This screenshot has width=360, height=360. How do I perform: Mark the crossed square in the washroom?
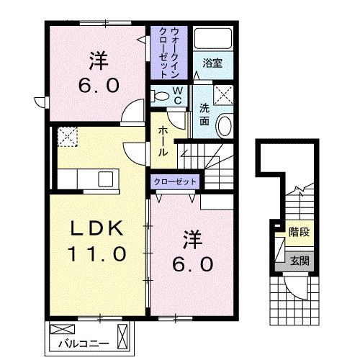224,94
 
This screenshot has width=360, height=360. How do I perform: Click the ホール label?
163,141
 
